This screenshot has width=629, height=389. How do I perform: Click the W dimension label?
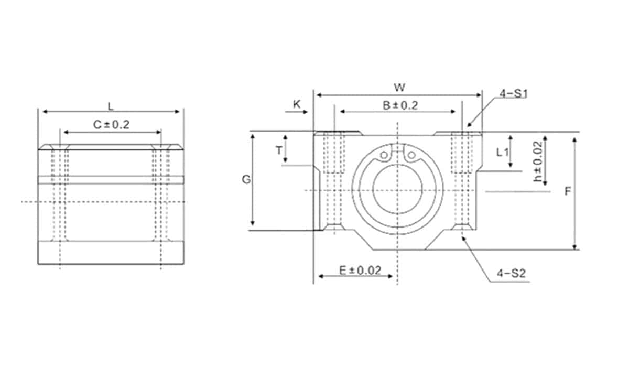(x=399, y=88)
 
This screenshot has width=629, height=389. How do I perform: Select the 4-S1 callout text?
(x=514, y=93)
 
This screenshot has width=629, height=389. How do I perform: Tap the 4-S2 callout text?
(x=511, y=273)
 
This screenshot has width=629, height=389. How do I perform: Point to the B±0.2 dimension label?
(x=400, y=105)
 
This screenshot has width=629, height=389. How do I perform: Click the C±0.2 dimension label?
(x=111, y=124)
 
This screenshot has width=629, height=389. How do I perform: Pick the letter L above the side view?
(x=111, y=106)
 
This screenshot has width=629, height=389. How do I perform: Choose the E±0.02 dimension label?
(x=360, y=270)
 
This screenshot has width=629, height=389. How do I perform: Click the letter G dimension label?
(x=246, y=179)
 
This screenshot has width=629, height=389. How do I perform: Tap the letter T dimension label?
(x=279, y=150)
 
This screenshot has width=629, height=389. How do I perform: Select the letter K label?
(x=297, y=104)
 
